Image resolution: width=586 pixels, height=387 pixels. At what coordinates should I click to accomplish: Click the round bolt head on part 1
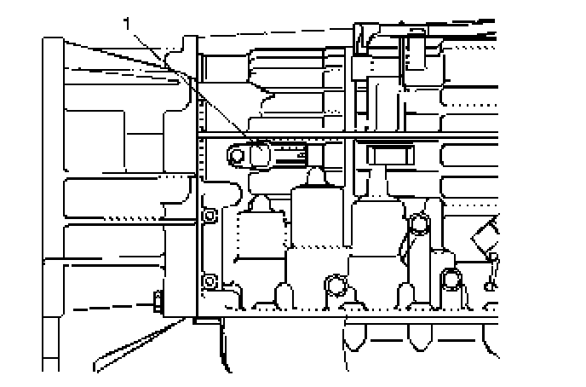click(x=238, y=154)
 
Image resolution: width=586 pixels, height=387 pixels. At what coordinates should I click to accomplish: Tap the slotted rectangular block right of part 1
click(x=388, y=155)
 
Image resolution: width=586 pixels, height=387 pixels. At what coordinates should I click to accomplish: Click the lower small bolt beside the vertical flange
click(x=207, y=281)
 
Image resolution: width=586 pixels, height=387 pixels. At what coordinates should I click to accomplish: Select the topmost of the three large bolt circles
click(x=418, y=225)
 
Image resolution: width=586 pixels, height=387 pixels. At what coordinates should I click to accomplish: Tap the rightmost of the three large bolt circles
click(x=451, y=276)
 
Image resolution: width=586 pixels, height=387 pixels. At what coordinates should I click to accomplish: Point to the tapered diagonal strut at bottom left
click(x=136, y=345)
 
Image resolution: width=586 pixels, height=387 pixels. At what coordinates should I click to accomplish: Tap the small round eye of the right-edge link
click(x=492, y=257)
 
